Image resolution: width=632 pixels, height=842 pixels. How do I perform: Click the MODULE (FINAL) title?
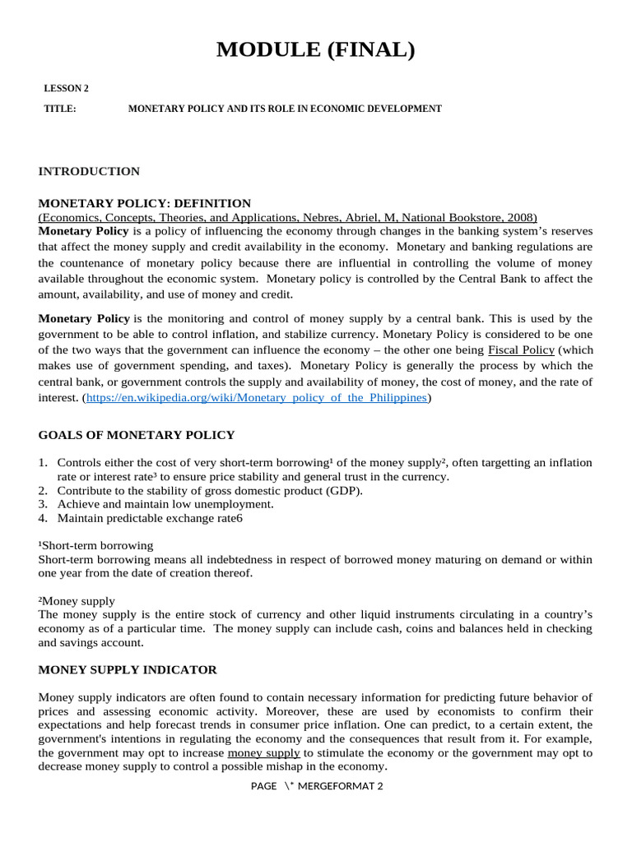(316, 50)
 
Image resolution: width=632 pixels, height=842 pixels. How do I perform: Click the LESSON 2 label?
(66, 89)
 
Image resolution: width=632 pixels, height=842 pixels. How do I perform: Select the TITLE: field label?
(60, 109)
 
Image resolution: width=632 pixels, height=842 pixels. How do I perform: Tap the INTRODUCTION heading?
(89, 171)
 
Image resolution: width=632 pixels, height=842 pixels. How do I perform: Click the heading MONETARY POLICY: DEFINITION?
(145, 203)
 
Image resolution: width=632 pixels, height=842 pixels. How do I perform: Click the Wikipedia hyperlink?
(257, 397)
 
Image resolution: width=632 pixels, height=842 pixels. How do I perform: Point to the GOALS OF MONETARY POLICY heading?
(137, 435)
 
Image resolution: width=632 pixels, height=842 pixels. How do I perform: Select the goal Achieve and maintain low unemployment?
(165, 504)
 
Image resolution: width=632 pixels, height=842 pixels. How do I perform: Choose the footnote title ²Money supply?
(77, 601)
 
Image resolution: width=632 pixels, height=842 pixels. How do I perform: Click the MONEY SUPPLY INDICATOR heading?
(128, 669)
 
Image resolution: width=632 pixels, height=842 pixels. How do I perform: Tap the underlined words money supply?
(263, 752)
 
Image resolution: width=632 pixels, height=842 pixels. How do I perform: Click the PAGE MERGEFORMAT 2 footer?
(317, 786)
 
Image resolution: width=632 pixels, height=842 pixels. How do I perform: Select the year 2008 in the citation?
(520, 217)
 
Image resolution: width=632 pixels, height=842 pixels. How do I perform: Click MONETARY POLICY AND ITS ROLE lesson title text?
(285, 109)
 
